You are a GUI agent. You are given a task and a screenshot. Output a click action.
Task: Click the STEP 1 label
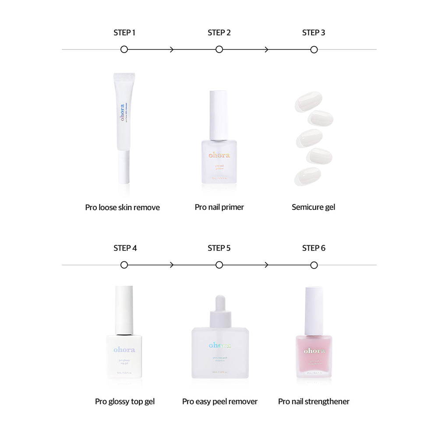[124, 32]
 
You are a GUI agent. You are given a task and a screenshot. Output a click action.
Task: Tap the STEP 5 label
[219, 248]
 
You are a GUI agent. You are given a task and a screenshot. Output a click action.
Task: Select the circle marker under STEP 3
[314, 49]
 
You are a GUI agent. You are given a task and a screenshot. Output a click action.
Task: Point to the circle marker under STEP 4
[124, 265]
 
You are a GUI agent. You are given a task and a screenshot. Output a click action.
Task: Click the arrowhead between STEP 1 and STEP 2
[172, 49]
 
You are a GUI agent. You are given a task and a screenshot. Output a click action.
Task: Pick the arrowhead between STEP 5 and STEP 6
[266, 265]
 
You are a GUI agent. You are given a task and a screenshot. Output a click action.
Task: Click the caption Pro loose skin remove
[122, 207]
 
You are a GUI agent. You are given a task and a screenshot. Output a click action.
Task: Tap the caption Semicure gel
[313, 207]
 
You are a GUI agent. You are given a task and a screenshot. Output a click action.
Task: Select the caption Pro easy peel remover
[220, 401]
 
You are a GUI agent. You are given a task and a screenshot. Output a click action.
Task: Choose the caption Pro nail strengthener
[314, 401]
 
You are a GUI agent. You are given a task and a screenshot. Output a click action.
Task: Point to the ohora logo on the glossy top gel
[124, 350]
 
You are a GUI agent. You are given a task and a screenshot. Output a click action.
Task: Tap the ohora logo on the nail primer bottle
[219, 155]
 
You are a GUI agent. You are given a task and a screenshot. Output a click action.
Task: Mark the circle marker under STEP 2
[219, 49]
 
